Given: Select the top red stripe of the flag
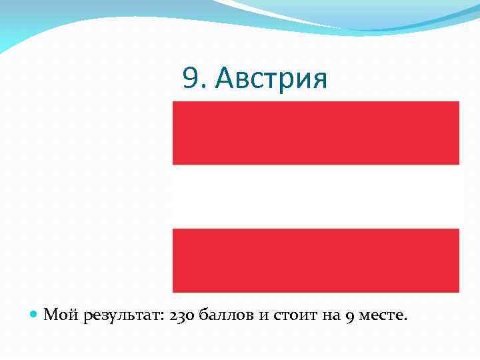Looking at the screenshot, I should (316, 133).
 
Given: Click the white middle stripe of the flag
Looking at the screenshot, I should (316, 196).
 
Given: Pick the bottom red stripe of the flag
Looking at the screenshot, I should (316, 260).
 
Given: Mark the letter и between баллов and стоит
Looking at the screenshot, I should (261, 315).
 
